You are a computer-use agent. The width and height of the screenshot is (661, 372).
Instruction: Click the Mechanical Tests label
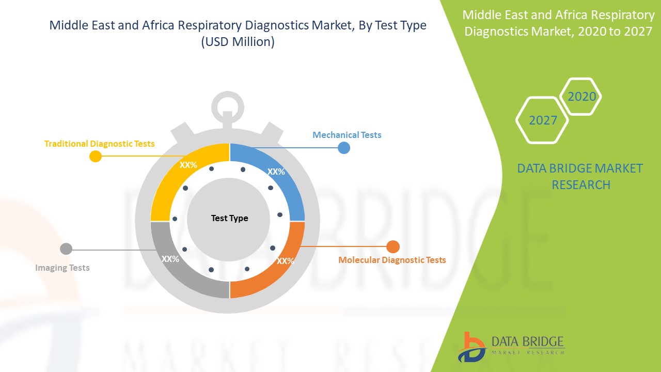pos(347,135)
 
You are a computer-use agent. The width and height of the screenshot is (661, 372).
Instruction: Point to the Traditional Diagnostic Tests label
pos(100,144)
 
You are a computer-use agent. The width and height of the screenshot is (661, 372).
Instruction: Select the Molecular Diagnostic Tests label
pos(392,260)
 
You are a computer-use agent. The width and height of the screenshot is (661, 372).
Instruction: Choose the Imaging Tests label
pos(62,268)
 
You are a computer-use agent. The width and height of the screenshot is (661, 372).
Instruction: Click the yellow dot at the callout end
pos(96,156)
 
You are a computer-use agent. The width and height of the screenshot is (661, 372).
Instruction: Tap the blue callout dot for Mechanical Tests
pos(344,148)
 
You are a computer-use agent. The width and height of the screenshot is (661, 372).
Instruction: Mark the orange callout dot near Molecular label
pos(393,246)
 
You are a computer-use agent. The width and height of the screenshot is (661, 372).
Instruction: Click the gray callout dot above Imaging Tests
pos(66,249)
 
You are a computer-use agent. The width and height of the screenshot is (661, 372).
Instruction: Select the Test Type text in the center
pos(230,218)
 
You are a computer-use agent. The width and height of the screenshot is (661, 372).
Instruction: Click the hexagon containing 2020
pos(580,97)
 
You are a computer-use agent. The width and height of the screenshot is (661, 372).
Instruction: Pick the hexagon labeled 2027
pos(542,120)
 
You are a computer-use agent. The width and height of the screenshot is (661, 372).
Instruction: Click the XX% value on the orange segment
pos(286,261)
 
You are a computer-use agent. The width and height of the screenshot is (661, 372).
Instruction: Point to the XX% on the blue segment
pos(276,172)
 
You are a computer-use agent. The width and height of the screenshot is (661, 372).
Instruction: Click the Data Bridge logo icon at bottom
pos(471,347)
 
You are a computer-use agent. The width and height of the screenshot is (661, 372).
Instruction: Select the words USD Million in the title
pos(238,42)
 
